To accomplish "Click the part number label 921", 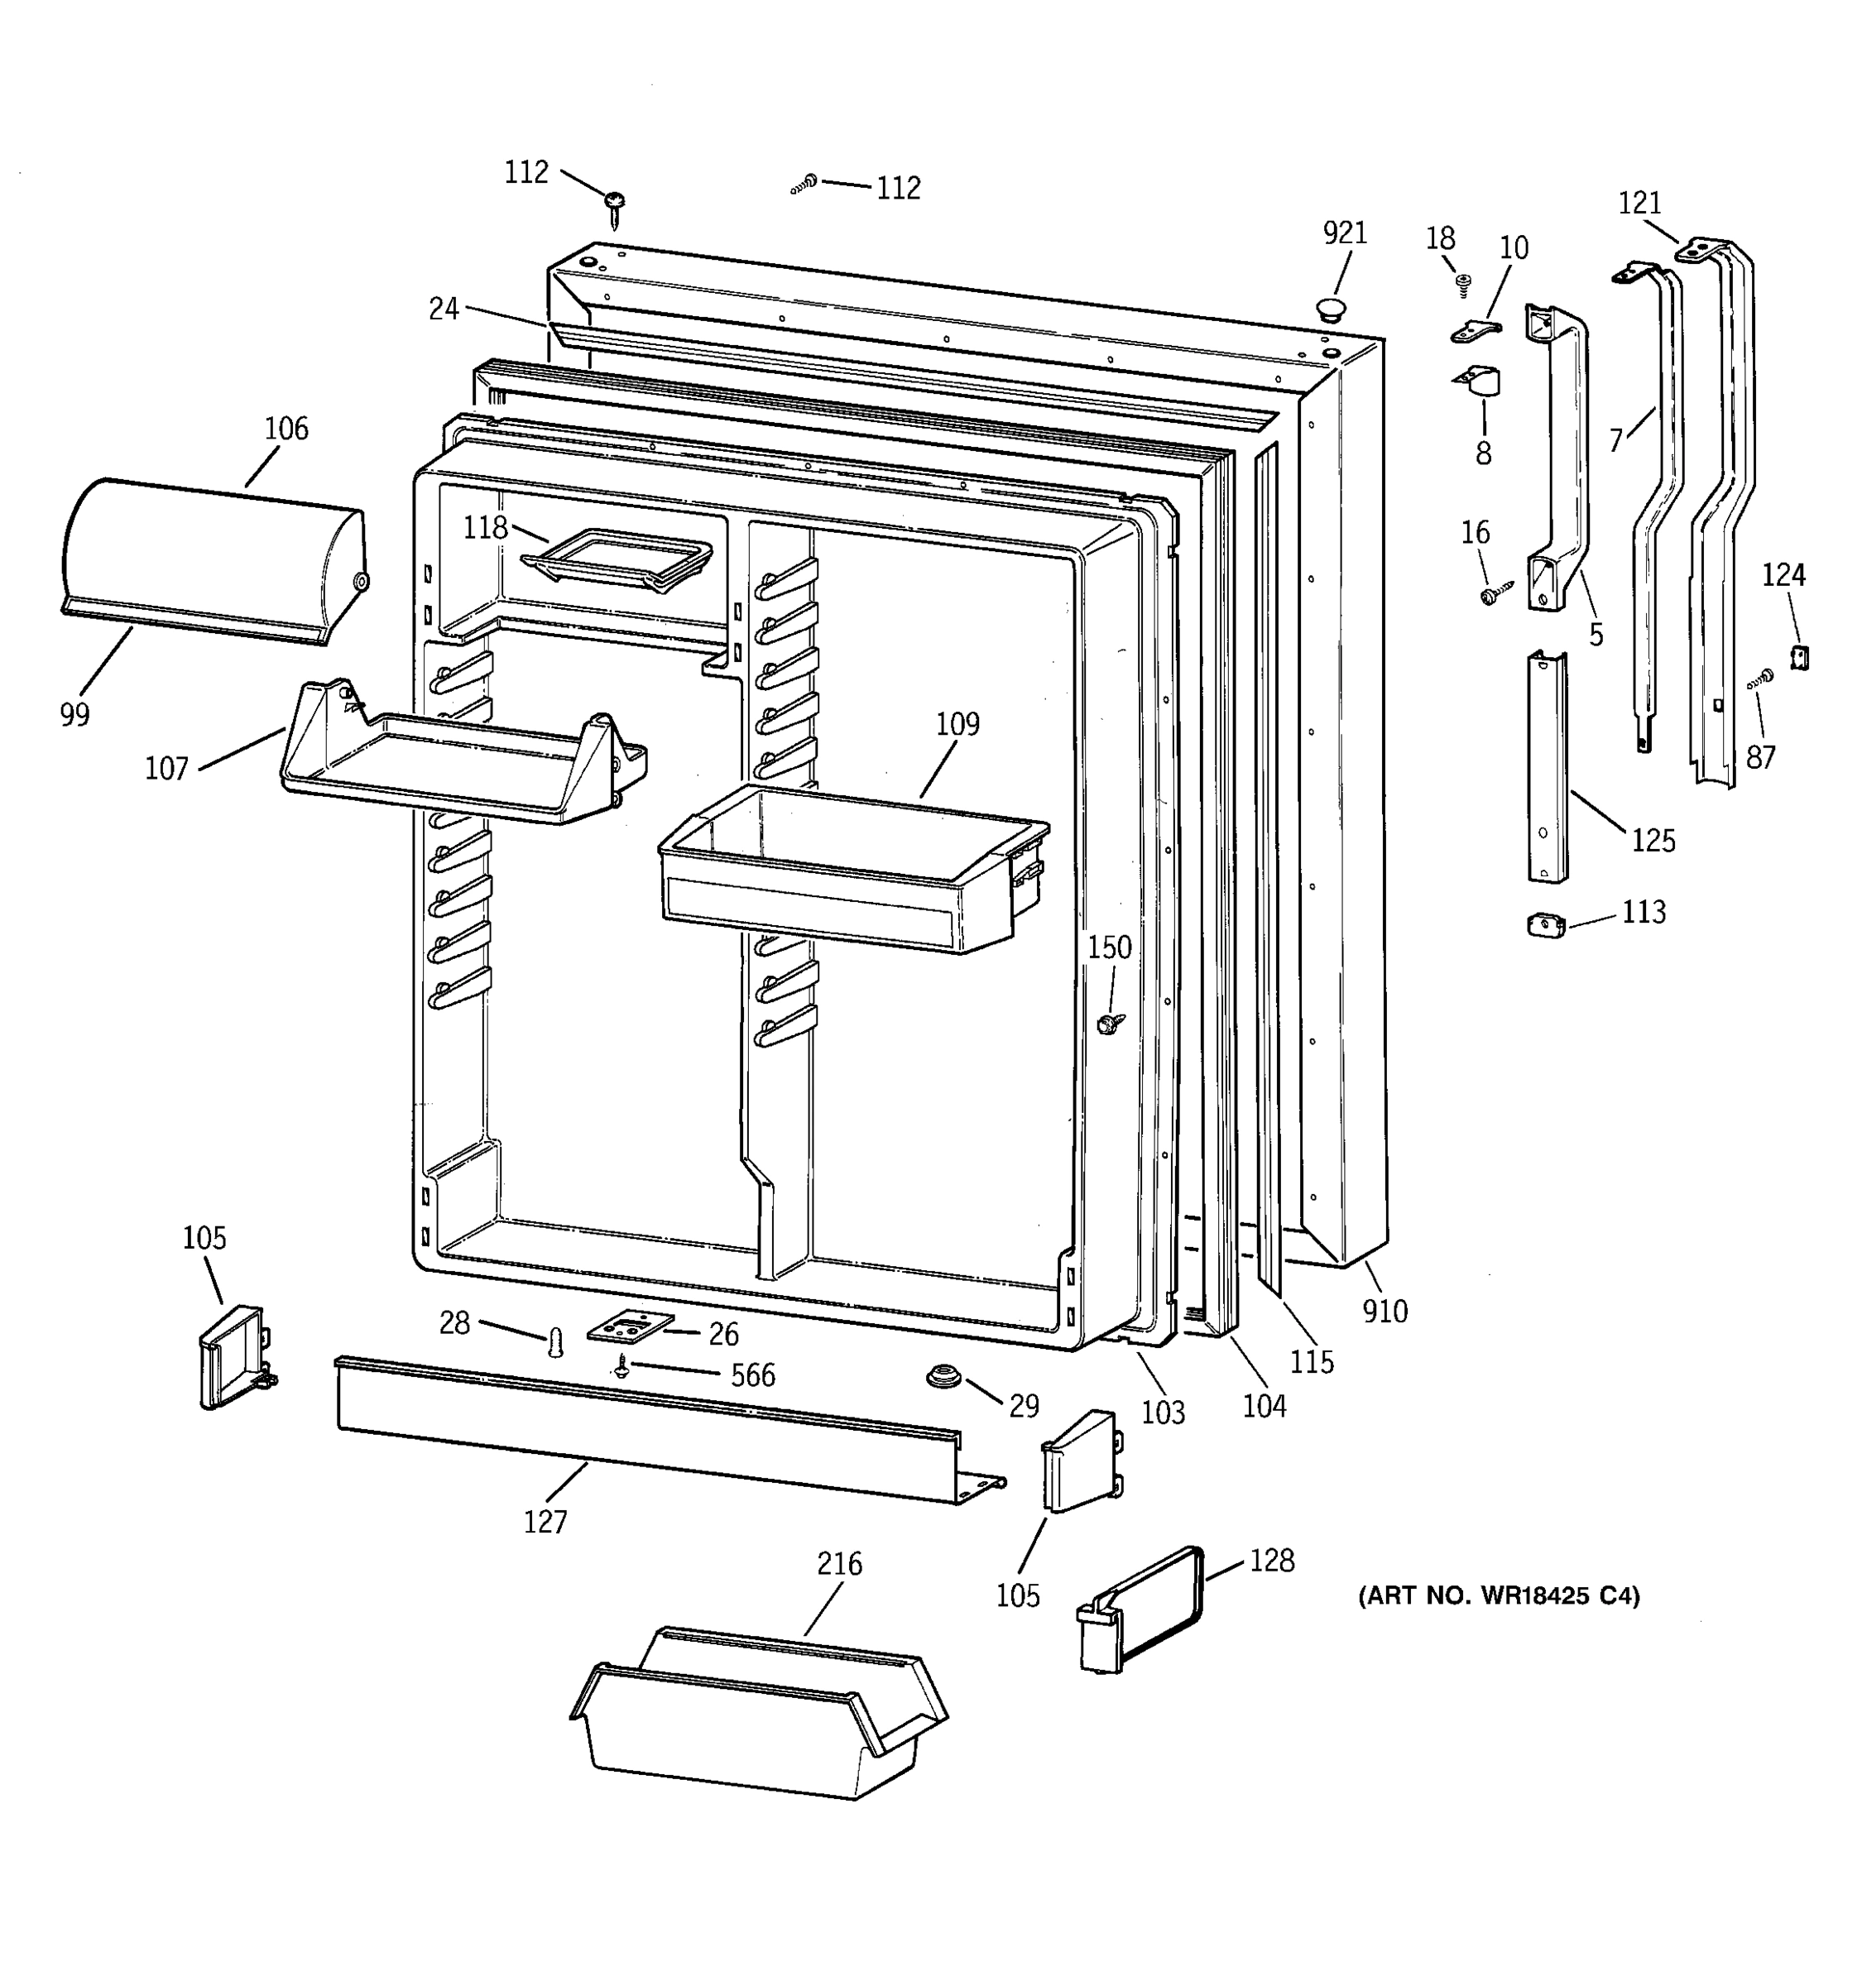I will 1344,233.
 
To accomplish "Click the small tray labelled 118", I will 617,559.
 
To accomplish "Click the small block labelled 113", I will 1545,925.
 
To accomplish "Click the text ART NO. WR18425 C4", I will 1497,1596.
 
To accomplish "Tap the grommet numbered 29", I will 941,1377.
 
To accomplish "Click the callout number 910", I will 1385,1311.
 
